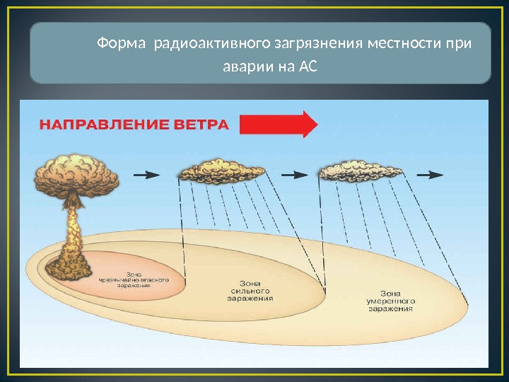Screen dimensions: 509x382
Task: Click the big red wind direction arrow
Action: click(278, 125)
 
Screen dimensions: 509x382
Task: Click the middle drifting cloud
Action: click(221, 173)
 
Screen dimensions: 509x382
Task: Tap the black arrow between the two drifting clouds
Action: click(293, 173)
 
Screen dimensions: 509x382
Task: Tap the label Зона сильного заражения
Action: click(250, 291)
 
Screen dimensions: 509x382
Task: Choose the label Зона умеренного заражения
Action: click(390, 301)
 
